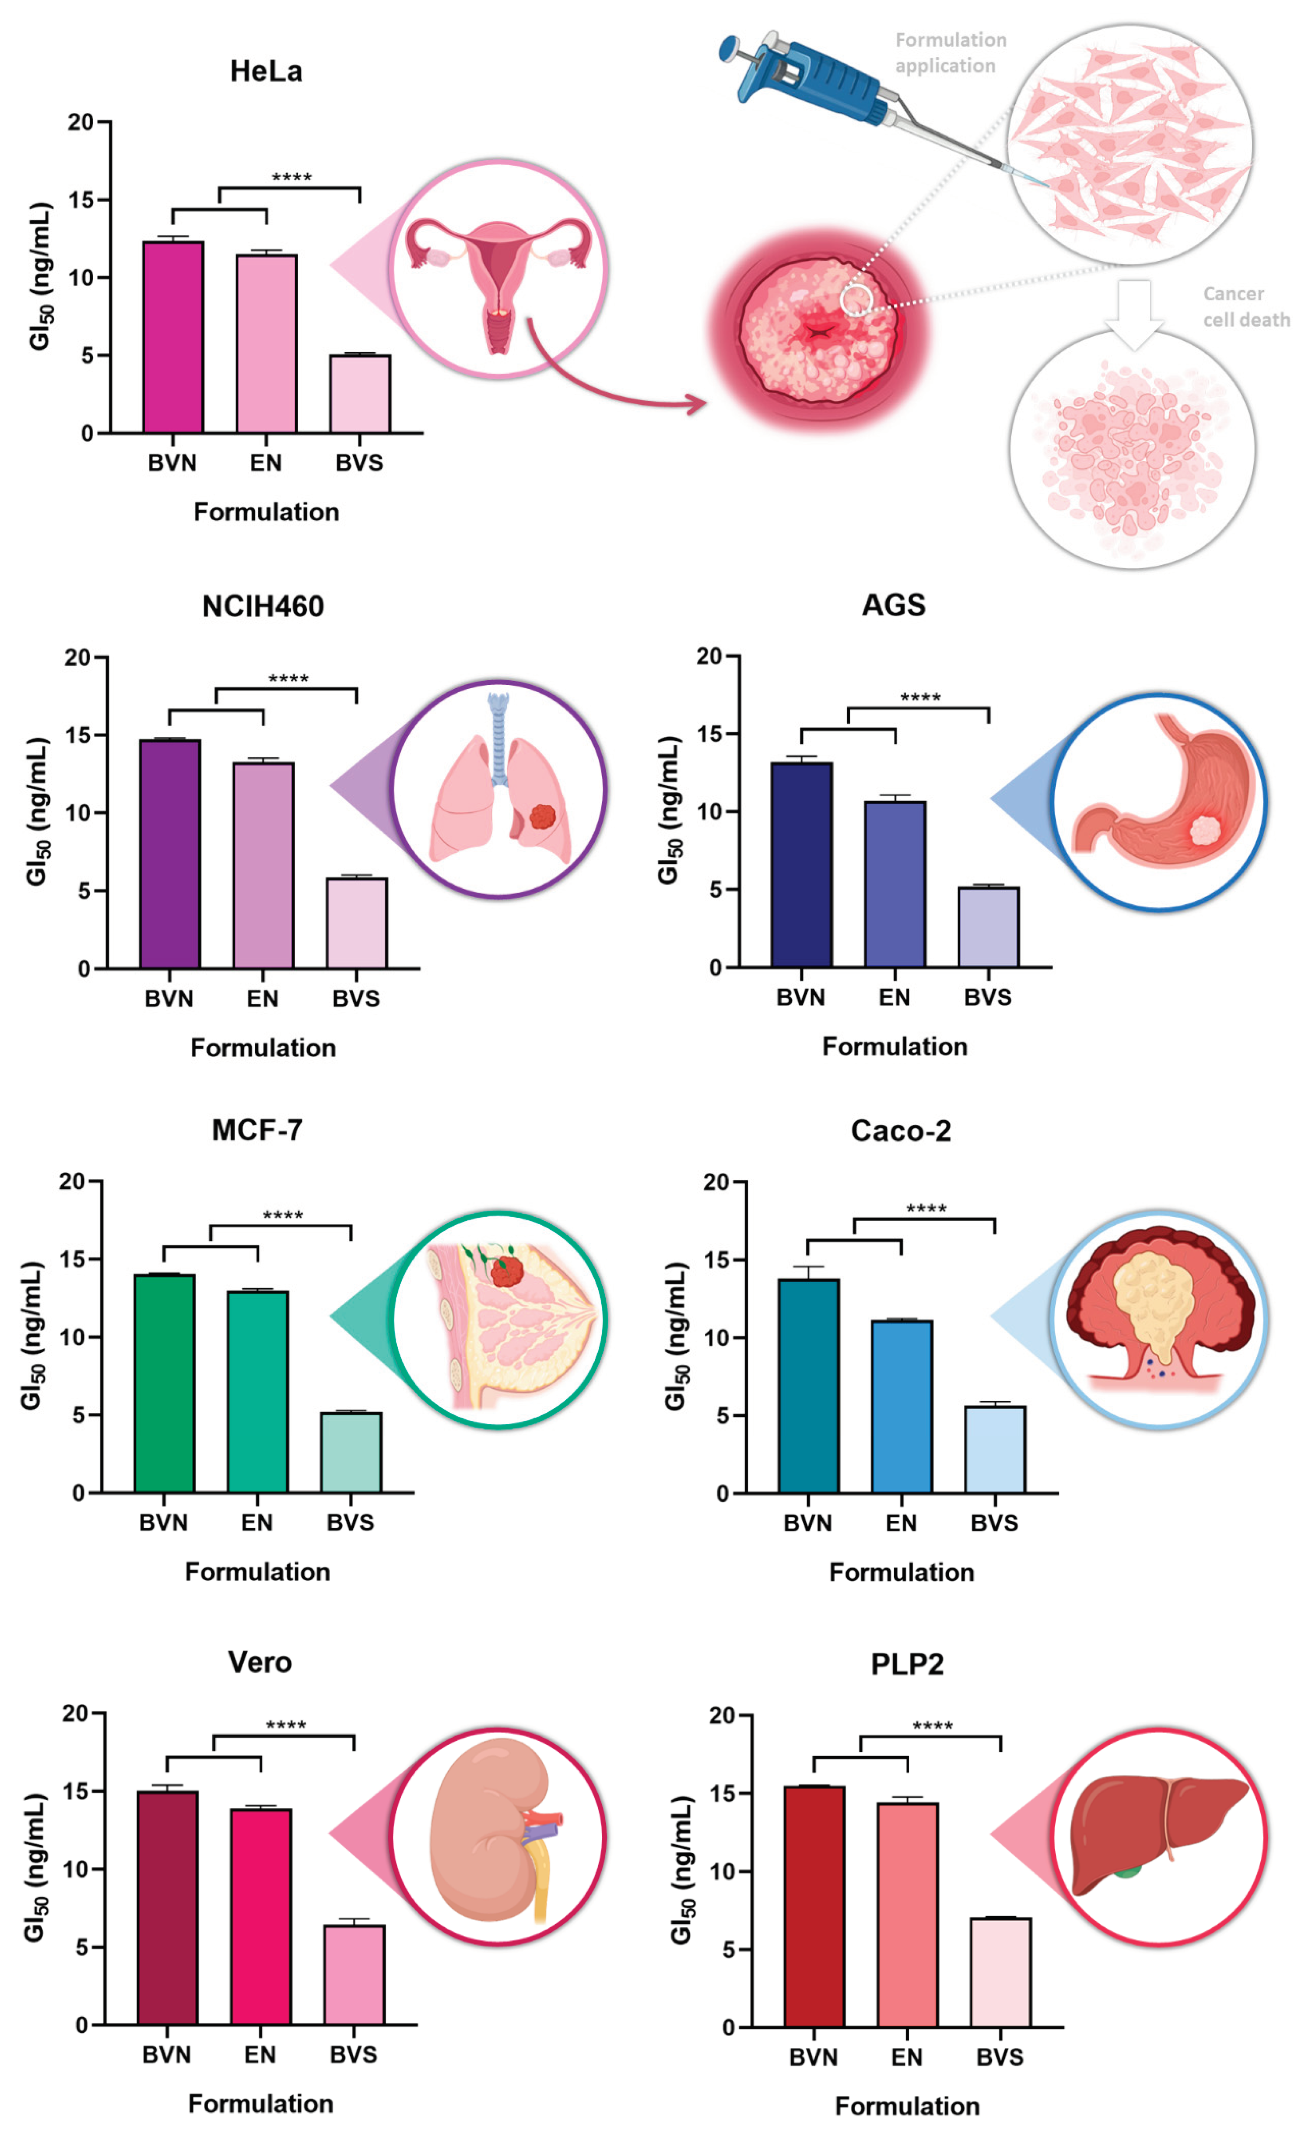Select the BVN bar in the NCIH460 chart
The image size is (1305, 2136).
(x=170, y=854)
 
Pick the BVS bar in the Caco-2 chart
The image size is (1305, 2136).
(x=995, y=1449)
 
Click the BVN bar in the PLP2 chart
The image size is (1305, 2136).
(x=814, y=1907)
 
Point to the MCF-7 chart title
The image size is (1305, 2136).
(x=257, y=1130)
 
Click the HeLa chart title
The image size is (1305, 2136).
(x=266, y=71)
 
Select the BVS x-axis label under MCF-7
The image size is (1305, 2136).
(x=350, y=1522)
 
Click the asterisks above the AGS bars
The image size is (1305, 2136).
(x=920, y=698)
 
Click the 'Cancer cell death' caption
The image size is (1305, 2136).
(x=1245, y=307)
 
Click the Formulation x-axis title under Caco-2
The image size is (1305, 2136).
(x=901, y=1572)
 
